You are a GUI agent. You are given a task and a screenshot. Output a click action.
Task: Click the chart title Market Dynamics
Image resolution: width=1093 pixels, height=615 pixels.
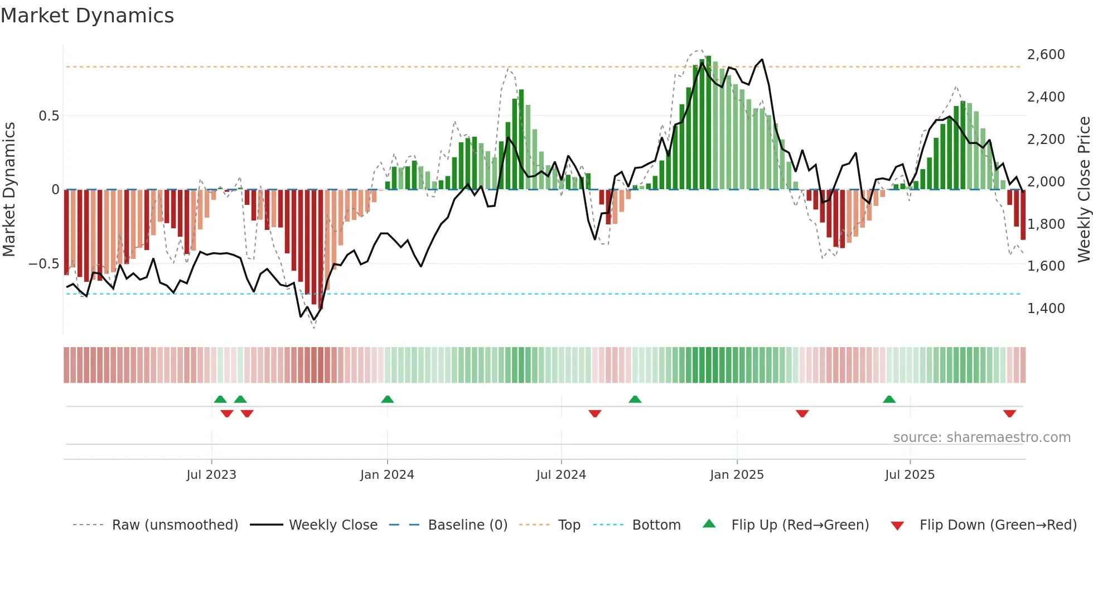[87, 16]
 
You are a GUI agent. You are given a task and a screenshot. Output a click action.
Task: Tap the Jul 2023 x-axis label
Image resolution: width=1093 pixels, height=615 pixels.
[211, 475]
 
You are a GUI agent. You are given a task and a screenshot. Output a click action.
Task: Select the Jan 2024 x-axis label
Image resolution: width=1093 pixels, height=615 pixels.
[387, 475]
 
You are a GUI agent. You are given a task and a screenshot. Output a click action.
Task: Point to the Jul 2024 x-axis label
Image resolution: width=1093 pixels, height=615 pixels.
[561, 475]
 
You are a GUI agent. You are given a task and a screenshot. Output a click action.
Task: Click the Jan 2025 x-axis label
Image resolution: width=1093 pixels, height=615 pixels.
[737, 475]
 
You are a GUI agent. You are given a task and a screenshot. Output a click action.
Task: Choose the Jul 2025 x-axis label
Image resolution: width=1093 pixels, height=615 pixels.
[910, 475]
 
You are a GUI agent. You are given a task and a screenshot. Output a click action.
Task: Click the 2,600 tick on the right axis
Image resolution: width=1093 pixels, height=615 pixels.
[1046, 55]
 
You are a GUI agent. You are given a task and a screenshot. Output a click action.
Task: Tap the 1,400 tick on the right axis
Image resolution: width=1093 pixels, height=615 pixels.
[1046, 309]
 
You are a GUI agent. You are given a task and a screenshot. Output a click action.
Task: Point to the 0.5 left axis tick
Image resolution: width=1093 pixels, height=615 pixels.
[49, 116]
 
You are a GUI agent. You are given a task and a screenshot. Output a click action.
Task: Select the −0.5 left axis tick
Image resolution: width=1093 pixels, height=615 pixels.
[44, 264]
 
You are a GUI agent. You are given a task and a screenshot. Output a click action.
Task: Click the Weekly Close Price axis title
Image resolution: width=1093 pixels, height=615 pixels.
[1084, 189]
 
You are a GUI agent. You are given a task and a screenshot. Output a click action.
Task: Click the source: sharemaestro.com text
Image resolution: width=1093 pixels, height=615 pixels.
[981, 438]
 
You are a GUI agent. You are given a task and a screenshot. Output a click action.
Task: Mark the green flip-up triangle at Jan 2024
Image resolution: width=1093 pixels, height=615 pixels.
[388, 399]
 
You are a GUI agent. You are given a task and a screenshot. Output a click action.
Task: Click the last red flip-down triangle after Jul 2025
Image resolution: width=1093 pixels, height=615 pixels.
[1009, 414]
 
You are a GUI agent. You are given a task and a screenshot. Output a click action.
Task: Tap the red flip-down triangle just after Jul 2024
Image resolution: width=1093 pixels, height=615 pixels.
[595, 414]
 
